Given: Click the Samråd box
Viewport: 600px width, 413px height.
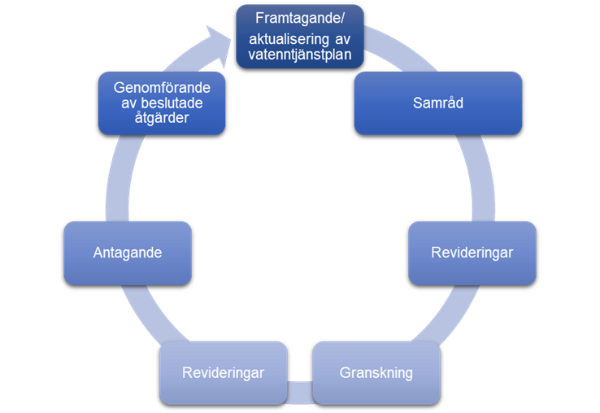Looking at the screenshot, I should point(437,103).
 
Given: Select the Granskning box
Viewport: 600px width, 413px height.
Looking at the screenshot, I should point(376,373).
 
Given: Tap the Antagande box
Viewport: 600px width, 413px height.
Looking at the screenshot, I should point(127,253).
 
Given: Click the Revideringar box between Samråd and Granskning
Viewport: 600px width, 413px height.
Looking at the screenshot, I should point(472,253).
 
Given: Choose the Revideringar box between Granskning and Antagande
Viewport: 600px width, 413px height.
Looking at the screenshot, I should point(224,373).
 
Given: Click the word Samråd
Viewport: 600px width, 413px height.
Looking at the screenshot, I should point(437,103).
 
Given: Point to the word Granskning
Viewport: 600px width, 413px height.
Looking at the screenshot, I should point(376,373).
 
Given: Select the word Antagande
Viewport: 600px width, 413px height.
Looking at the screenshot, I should point(127,253).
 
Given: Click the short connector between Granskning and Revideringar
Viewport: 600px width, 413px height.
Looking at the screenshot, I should point(300,389).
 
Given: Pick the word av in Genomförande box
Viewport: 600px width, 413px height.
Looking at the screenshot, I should point(119,102).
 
